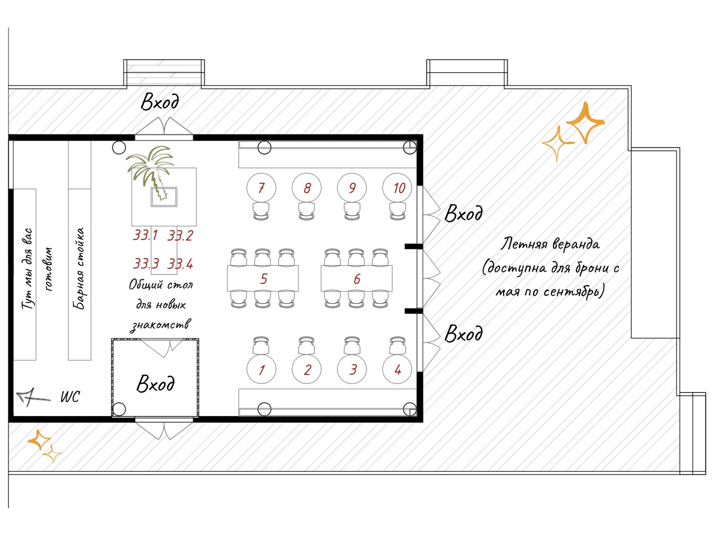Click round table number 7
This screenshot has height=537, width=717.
[261, 188]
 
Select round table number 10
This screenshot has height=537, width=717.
[397, 188]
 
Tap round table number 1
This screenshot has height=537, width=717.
[261, 369]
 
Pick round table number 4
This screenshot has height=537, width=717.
[397, 369]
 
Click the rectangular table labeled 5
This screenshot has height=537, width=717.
[263, 278]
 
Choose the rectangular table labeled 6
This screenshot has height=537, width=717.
[357, 278]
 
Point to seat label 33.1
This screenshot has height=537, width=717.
[146, 235]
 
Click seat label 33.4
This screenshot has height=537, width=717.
[180, 264]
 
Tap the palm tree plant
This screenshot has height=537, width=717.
[151, 172]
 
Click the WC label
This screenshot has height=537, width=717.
[70, 397]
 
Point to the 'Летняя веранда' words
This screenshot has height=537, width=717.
[550, 244]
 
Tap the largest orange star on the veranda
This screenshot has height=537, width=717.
[585, 122]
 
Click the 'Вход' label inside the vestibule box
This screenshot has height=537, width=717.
[155, 384]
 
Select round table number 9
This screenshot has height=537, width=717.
[352, 188]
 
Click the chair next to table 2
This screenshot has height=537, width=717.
[307, 345]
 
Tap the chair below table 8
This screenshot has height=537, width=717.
[307, 212]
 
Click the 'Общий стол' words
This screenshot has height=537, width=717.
[161, 285]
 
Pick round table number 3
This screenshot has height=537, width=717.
[352, 369]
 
